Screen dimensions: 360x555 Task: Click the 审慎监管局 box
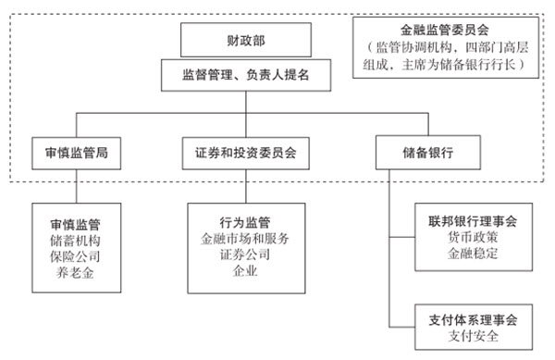click(76, 152)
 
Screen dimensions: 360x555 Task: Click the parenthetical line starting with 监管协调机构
click(446, 47)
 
